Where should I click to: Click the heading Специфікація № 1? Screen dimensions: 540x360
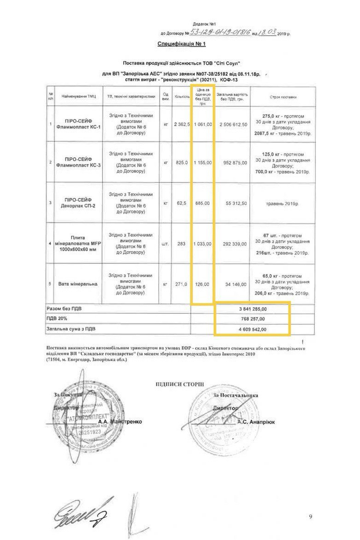click(x=181, y=44)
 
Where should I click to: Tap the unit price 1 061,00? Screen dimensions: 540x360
click(x=203, y=124)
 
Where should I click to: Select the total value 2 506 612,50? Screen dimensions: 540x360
click(x=233, y=124)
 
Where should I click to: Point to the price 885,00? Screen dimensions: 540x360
click(x=203, y=203)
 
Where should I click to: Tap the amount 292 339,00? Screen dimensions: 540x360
click(x=233, y=243)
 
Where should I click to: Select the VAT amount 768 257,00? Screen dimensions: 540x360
click(x=252, y=318)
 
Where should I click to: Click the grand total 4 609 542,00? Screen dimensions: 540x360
click(x=252, y=329)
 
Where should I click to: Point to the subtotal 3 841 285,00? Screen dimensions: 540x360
click(x=252, y=308)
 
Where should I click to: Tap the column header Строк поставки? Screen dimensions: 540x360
click(x=283, y=97)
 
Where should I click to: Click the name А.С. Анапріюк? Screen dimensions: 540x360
click(x=256, y=421)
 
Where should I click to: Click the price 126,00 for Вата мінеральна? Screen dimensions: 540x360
click(x=203, y=284)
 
